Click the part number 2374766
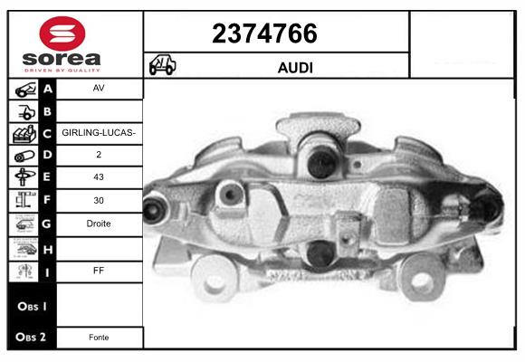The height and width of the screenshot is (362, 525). tap(264, 33)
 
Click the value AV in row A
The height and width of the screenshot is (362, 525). tap(99, 90)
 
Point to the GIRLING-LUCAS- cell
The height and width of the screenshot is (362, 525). tap(99, 133)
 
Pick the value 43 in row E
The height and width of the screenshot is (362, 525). tap(99, 178)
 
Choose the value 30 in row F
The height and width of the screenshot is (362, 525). tap(99, 201)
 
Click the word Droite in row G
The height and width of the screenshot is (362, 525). tap(99, 224)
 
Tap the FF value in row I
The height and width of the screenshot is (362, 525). tap(99, 269)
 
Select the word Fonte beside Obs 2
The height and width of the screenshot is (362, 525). tap(99, 338)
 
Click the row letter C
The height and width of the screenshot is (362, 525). tap(47, 133)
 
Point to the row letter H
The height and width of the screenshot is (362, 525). tap(47, 246)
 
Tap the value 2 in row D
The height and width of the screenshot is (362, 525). tap(99, 156)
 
